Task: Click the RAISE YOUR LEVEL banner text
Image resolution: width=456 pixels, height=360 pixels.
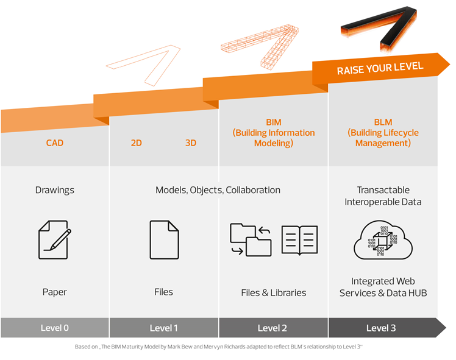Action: tap(380, 68)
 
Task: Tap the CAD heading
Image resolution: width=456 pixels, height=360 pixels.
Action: tap(54, 143)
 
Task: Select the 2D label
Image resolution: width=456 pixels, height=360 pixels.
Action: tap(136, 143)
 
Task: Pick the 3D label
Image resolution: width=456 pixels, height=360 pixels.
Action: tap(191, 143)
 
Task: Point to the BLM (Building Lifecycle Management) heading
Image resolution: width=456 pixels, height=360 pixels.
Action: tap(383, 133)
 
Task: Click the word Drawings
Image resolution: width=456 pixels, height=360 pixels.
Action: tap(54, 190)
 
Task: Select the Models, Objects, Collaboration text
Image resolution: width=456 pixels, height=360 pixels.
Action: tap(218, 190)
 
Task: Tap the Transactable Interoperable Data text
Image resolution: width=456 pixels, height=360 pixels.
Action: tap(383, 196)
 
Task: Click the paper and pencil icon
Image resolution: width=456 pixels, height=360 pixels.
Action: tap(54, 239)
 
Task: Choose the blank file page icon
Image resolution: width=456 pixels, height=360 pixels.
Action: tap(164, 239)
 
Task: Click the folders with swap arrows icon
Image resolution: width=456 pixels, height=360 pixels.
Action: tap(251, 239)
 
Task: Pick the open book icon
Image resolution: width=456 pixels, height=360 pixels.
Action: tap(299, 239)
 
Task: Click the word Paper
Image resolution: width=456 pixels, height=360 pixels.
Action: tap(54, 292)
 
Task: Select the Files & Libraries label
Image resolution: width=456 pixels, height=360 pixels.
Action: tap(273, 292)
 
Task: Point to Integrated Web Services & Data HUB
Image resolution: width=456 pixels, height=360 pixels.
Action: tap(383, 287)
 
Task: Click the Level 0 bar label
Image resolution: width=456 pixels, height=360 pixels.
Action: tap(54, 328)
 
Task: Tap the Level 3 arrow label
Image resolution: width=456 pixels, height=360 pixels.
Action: tap(381, 328)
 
